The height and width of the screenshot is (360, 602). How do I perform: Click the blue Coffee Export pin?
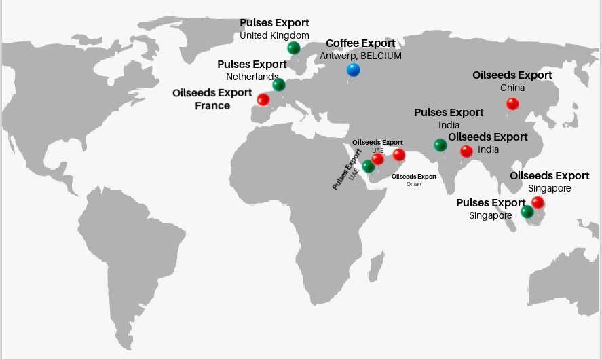click(x=353, y=69)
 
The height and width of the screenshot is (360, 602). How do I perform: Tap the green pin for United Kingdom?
click(x=293, y=48)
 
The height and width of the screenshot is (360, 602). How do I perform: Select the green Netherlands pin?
click(x=279, y=85)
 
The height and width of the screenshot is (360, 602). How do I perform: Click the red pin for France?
click(x=263, y=100)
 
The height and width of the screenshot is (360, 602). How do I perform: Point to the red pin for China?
click(x=512, y=104)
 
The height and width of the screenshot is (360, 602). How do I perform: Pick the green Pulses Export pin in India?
click(x=440, y=145)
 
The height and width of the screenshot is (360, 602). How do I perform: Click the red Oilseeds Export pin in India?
click(x=466, y=151)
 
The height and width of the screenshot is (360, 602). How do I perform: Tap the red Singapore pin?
click(x=538, y=202)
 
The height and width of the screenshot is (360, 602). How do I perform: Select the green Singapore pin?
click(x=527, y=212)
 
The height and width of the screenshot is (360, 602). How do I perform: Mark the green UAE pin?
click(x=368, y=166)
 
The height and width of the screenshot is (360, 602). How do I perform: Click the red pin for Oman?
click(x=399, y=155)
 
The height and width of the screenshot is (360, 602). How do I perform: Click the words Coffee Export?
click(x=360, y=43)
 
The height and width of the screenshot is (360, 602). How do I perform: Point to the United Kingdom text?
click(x=274, y=35)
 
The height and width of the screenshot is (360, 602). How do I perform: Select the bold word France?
click(x=212, y=105)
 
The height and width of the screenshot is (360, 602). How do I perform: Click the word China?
click(x=512, y=88)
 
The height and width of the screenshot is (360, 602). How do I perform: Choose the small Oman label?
click(x=413, y=184)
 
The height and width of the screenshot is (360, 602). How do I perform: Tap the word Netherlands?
click(x=252, y=77)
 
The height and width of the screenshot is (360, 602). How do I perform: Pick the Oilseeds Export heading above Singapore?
click(x=550, y=176)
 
